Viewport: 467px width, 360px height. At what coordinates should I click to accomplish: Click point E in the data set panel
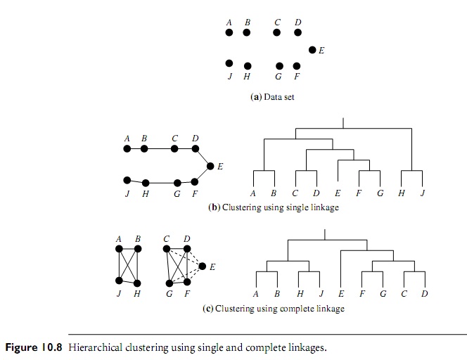tap(312, 50)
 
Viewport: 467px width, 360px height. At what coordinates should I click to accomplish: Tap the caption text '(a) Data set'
tap(272, 97)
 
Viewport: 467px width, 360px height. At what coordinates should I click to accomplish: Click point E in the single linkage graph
tap(210, 166)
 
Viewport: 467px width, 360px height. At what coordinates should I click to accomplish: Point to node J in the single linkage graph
tap(127, 180)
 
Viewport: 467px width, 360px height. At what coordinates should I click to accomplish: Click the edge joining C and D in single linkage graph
tap(185, 149)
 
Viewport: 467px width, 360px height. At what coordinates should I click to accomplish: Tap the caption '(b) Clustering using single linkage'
tap(274, 208)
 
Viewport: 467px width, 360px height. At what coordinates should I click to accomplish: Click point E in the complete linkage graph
tap(203, 266)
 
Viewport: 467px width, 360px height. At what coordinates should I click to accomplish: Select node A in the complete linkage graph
tap(120, 249)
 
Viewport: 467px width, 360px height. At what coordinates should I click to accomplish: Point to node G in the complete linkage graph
tap(169, 283)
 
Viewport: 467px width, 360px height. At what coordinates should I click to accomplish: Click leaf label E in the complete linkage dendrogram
tap(340, 294)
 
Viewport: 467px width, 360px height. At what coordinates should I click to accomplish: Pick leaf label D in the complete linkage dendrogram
tap(424, 294)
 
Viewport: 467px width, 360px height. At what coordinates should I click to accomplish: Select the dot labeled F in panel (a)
tap(297, 66)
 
